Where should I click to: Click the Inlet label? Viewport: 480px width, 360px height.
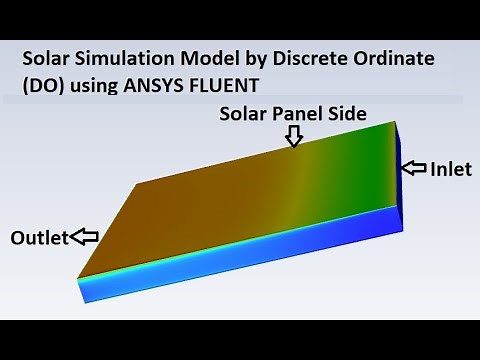point(451,170)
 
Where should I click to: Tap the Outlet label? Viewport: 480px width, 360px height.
point(39,238)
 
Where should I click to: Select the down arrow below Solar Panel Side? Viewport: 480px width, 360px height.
point(293,138)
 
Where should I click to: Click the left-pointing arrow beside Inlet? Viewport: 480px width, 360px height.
point(414,169)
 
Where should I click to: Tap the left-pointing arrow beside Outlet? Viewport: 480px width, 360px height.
point(87,237)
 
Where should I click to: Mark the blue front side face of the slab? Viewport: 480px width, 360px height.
point(240,261)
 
